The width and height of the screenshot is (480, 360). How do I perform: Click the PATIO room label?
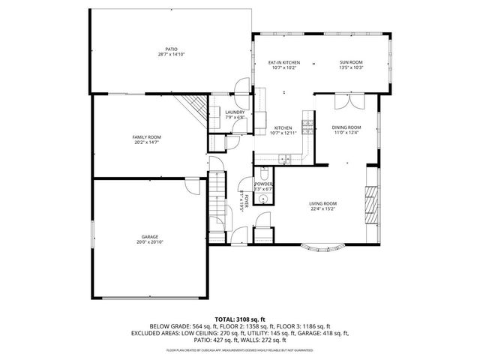pyautogui.click(x=171, y=49)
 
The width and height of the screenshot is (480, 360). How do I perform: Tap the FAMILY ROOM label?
pyautogui.click(x=146, y=137)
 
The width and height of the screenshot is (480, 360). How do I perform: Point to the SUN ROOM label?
pyautogui.click(x=351, y=62)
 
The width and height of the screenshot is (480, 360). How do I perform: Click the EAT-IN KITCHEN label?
pyautogui.click(x=284, y=62)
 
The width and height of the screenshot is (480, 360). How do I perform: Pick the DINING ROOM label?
pyautogui.click(x=346, y=127)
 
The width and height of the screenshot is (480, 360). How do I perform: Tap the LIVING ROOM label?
pyautogui.click(x=323, y=204)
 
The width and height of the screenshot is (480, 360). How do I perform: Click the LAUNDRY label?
pyautogui.click(x=235, y=112)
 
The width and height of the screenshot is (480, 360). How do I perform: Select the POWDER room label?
pyautogui.click(x=263, y=184)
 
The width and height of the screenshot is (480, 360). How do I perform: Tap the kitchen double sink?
pyautogui.click(x=285, y=158)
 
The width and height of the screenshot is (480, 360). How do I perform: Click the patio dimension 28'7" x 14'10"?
pyautogui.click(x=171, y=55)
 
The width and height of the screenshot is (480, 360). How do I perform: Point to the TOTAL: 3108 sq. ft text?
pyautogui.click(x=240, y=319)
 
